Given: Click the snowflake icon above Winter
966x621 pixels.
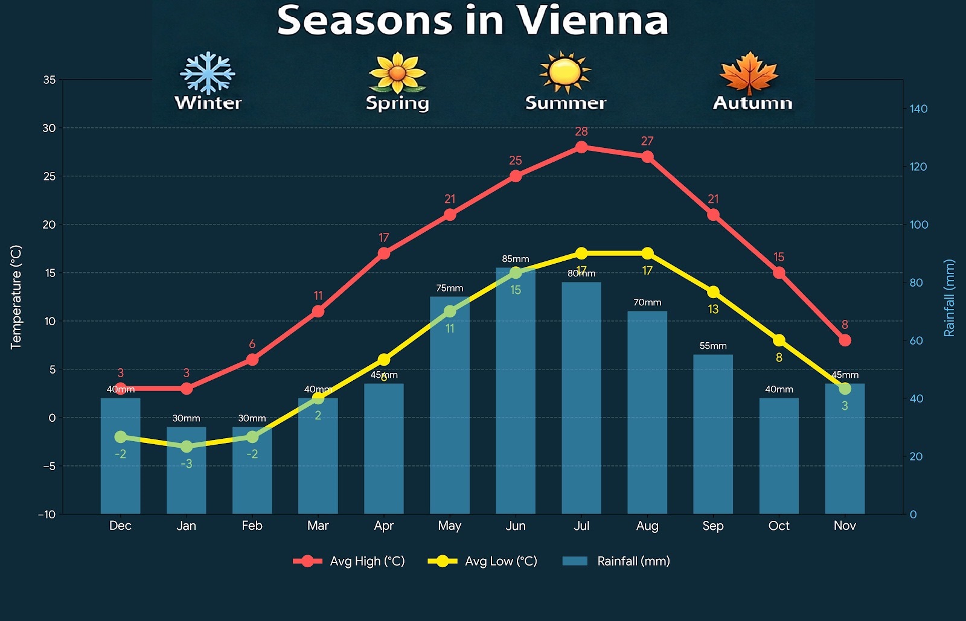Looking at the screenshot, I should coord(207,73).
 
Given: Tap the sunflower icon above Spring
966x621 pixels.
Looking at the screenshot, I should coord(397,73).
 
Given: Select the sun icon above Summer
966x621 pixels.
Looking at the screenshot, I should coord(565,72).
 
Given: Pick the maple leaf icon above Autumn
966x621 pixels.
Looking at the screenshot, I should coord(749,74).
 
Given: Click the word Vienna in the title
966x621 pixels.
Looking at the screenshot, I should coord(593,21).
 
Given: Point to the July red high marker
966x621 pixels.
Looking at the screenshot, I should coord(581,147).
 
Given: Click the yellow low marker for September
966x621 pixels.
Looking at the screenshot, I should coord(713,292).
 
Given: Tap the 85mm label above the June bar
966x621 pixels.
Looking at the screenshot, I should coord(515,259).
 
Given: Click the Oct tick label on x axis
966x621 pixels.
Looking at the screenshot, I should coord(779,526).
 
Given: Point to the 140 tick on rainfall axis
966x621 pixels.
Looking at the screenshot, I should coord(918,109).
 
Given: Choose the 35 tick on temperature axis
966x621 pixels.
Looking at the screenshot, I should coord(50,80).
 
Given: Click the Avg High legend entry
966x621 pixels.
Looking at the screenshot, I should coord(349,561).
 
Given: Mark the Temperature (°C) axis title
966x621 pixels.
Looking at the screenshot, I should coord(16,297).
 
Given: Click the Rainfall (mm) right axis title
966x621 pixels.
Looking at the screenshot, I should coord(949,298).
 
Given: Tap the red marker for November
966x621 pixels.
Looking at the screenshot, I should coord(845,340).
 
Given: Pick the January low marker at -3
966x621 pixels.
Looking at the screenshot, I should coord(187,447).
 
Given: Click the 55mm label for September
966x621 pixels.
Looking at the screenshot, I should coord(713,346).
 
